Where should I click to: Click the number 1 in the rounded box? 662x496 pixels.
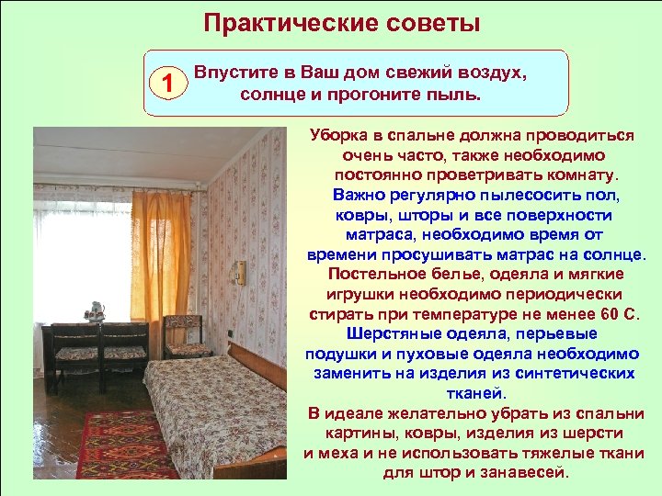166,84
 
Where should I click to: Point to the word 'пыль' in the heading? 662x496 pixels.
455,95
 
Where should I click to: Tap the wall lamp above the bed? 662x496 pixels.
241,273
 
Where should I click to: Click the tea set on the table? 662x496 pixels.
94,310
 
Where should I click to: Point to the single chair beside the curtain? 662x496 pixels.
186,337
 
